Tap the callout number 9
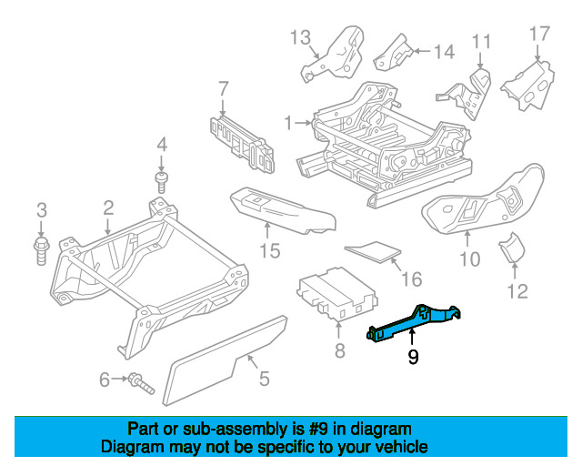coord(414,358)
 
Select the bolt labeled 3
coord(42,248)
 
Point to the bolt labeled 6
coord(141,382)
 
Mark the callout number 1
coord(287,121)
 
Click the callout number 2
coord(107,208)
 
